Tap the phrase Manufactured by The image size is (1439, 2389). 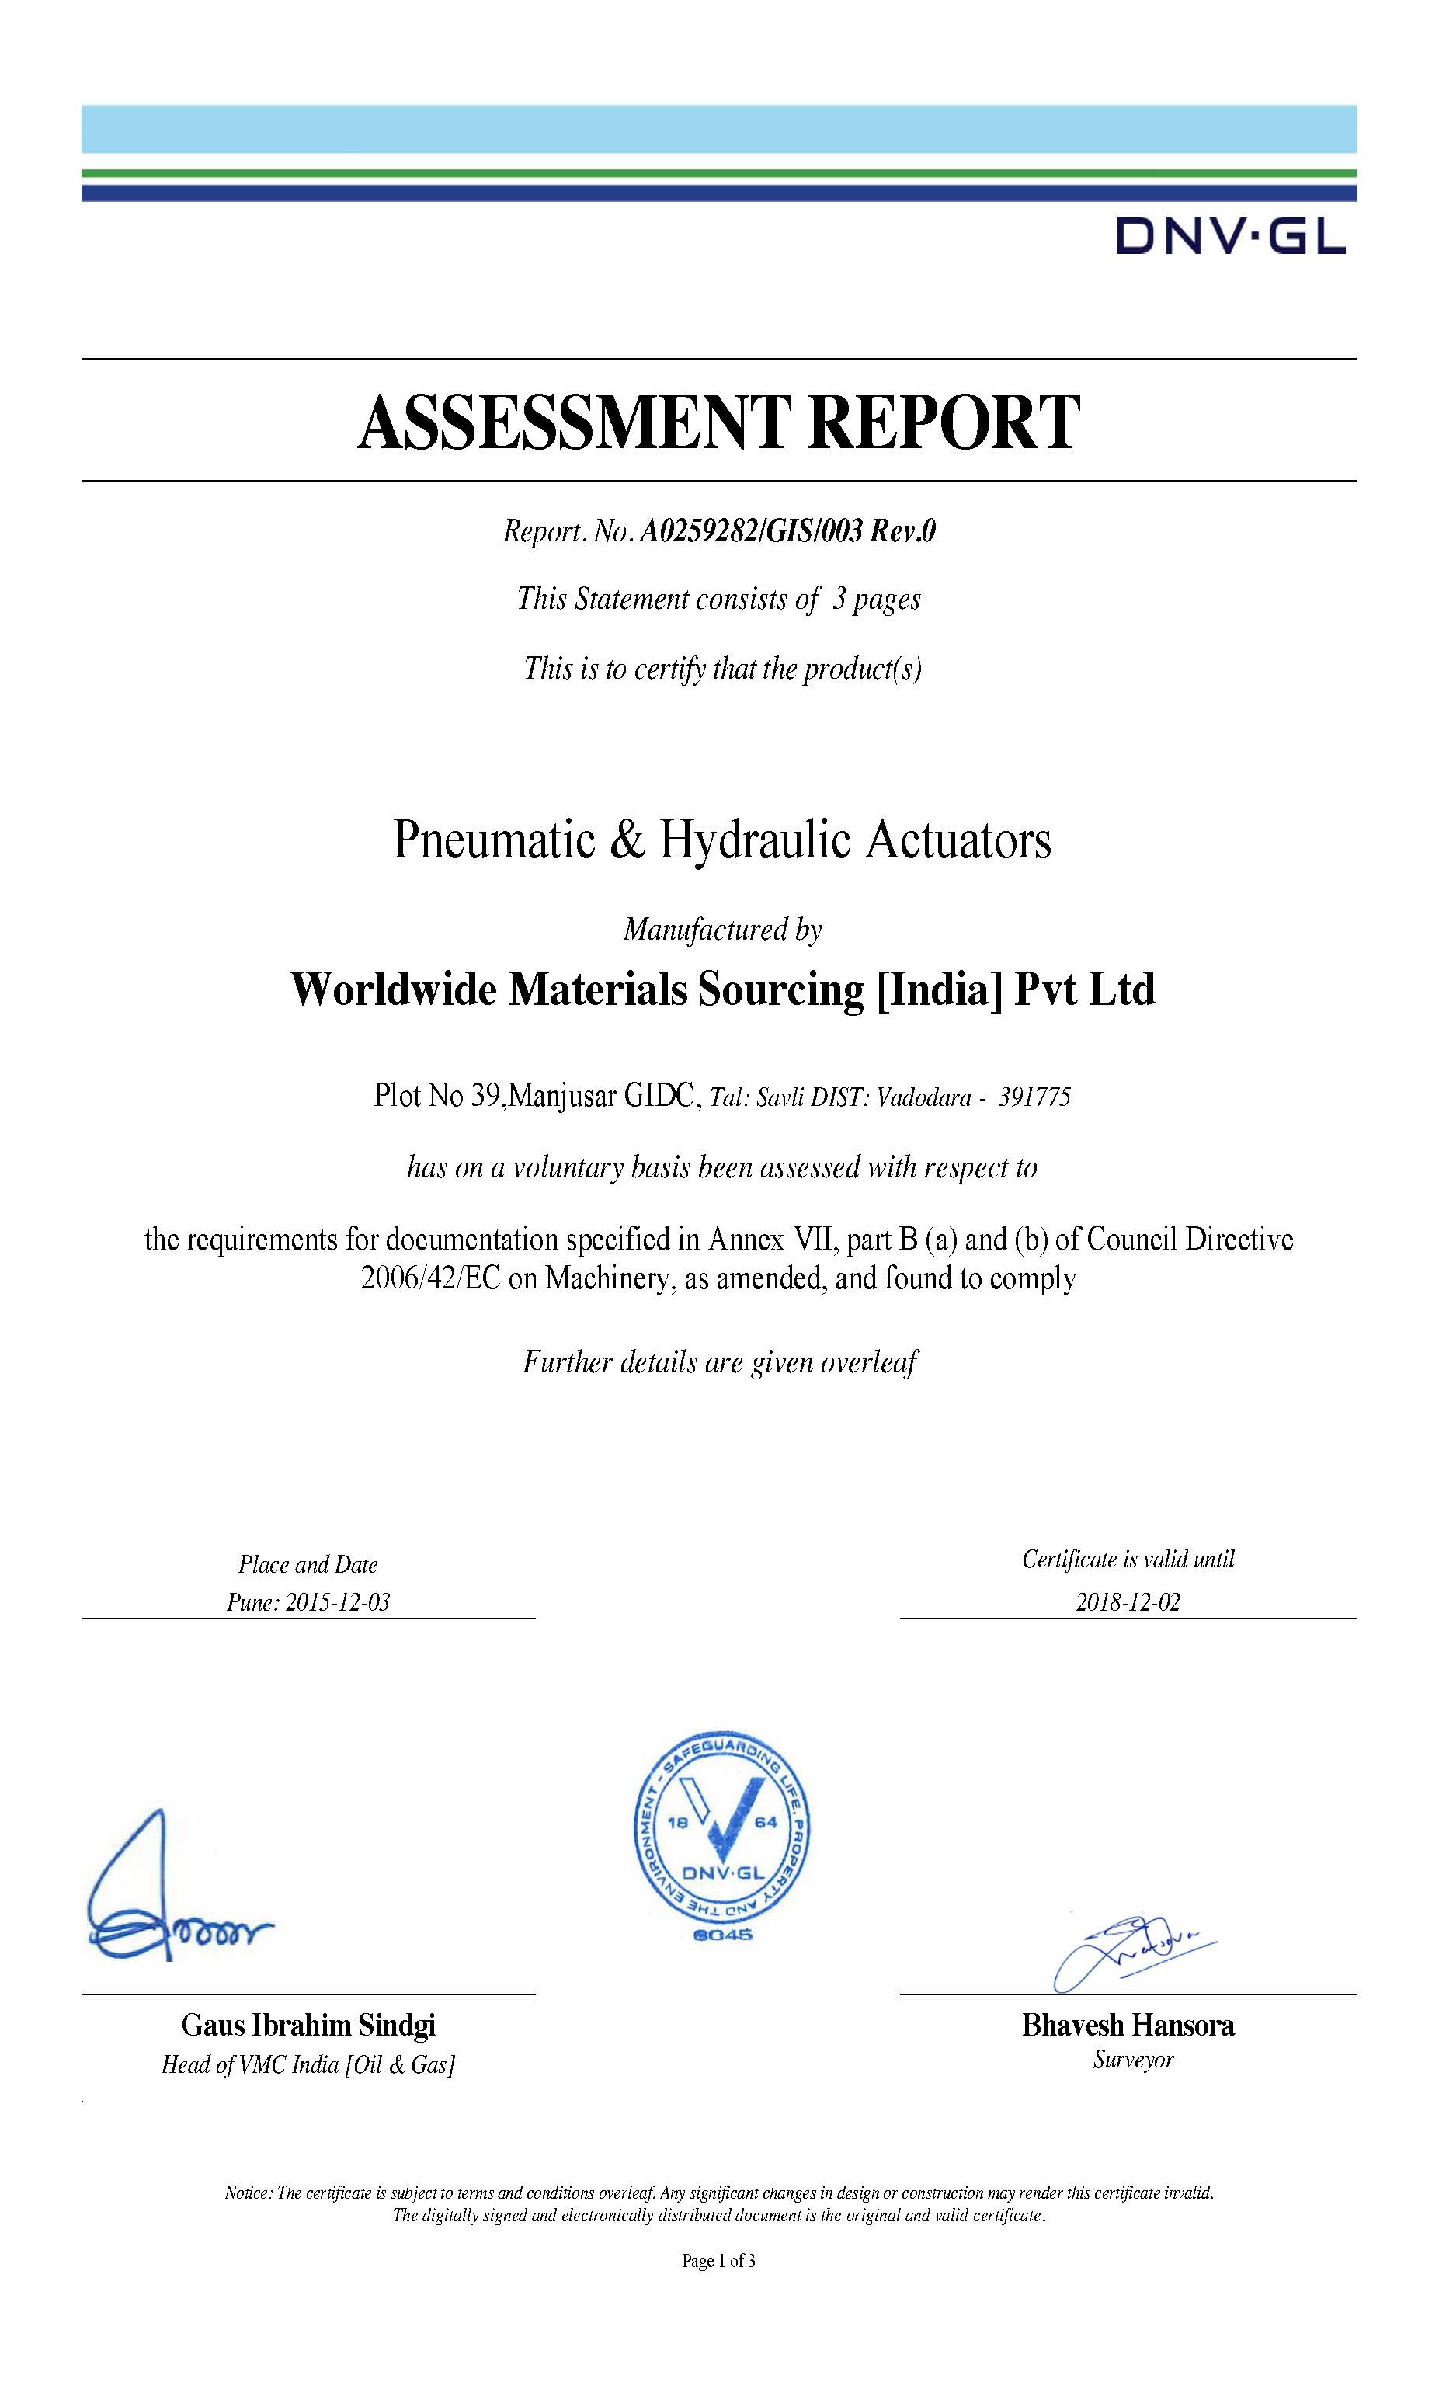tap(722, 930)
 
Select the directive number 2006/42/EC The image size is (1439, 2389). tap(430, 1279)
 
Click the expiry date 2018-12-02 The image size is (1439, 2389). tap(1128, 1601)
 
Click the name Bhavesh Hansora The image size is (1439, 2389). tap(1128, 2026)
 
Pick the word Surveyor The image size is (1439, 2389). tap(1132, 2060)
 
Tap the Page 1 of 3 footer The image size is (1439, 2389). tap(718, 2261)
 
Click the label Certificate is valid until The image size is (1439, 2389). tap(1128, 1559)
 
